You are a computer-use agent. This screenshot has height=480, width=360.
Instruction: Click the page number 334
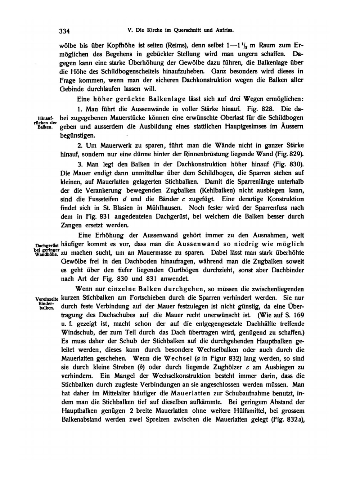(x=64, y=31)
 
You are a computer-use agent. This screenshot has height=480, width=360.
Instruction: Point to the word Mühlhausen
(x=165, y=208)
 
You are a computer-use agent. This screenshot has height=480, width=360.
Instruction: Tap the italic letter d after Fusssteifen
(x=125, y=199)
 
